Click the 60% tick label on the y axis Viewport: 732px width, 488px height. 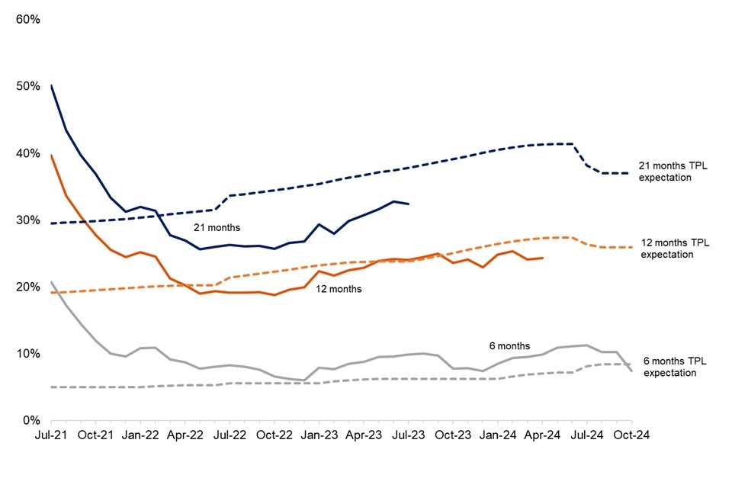[x=27, y=18]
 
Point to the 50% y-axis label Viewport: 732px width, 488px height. [x=27, y=85]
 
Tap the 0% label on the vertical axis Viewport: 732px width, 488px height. [x=30, y=420]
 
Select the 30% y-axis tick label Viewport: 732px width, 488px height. [x=27, y=220]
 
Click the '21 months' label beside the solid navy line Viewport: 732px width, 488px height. [x=217, y=227]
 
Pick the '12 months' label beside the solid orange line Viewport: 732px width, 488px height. [x=339, y=290]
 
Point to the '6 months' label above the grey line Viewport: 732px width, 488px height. [x=509, y=345]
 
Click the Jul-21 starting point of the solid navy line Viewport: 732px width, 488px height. [x=51, y=85]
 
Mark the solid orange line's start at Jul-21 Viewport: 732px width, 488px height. [x=51, y=156]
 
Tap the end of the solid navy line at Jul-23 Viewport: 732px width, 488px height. [x=409, y=204]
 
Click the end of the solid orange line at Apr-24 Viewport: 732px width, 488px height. [x=542, y=258]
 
